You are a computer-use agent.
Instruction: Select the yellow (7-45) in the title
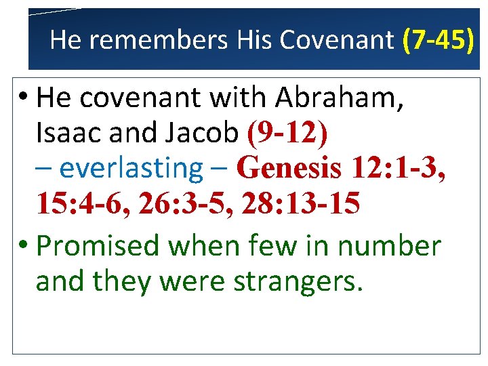(438, 41)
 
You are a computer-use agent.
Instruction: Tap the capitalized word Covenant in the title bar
(336, 41)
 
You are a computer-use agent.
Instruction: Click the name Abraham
(341, 98)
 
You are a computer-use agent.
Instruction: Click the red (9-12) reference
(288, 134)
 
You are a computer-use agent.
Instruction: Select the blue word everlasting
(131, 168)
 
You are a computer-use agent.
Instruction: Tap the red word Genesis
(289, 168)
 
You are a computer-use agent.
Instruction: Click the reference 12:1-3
(400, 168)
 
